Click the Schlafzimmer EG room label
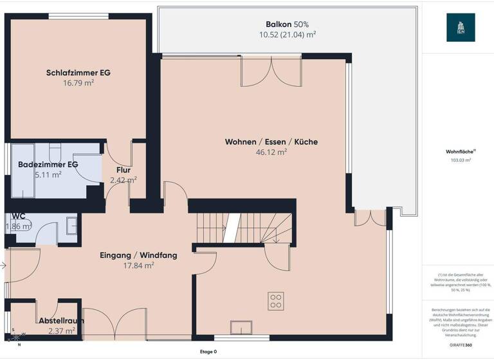click(x=78, y=73)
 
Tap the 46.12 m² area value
click(x=271, y=152)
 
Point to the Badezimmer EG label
click(x=48, y=165)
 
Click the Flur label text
click(x=123, y=170)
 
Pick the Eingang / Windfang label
click(x=138, y=255)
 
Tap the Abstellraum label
click(x=61, y=320)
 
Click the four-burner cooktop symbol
click(x=276, y=300)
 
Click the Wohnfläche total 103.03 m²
click(x=461, y=160)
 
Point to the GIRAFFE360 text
click(x=461, y=345)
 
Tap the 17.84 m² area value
click(x=138, y=265)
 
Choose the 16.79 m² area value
click(x=78, y=83)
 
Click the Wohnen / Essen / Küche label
click(x=271, y=142)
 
